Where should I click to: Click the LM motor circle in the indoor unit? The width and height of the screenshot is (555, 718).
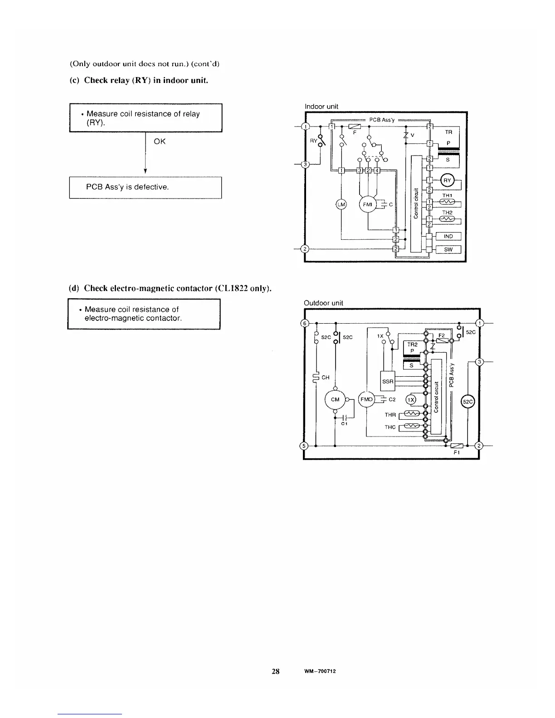coord(341,204)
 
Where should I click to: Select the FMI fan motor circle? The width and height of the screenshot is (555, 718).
coord(368,204)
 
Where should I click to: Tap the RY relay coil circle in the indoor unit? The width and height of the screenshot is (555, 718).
coord(448,180)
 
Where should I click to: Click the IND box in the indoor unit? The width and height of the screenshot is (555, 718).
coord(448,236)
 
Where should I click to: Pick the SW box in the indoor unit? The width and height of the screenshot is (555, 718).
coord(448,249)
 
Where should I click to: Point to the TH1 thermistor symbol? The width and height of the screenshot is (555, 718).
coord(447,202)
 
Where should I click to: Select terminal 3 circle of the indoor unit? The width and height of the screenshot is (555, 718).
coord(306,164)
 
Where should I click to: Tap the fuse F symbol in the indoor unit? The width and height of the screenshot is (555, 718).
coord(354,126)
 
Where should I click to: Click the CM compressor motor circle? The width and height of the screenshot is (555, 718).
coord(335,399)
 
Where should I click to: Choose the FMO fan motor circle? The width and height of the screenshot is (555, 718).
coord(366,399)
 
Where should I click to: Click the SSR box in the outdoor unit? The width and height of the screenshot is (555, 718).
coord(388,382)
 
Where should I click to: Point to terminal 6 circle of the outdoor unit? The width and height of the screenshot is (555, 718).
coord(306,323)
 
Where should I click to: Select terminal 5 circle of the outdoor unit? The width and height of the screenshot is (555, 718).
coord(306,446)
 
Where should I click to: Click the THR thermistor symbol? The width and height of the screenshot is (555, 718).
coord(411,414)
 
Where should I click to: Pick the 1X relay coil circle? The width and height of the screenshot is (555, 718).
coord(411,399)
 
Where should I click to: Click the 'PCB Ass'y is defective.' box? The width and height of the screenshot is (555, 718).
coord(145,187)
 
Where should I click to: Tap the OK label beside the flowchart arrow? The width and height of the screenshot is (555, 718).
coord(160,141)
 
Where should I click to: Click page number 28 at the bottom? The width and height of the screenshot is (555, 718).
coord(275,671)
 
